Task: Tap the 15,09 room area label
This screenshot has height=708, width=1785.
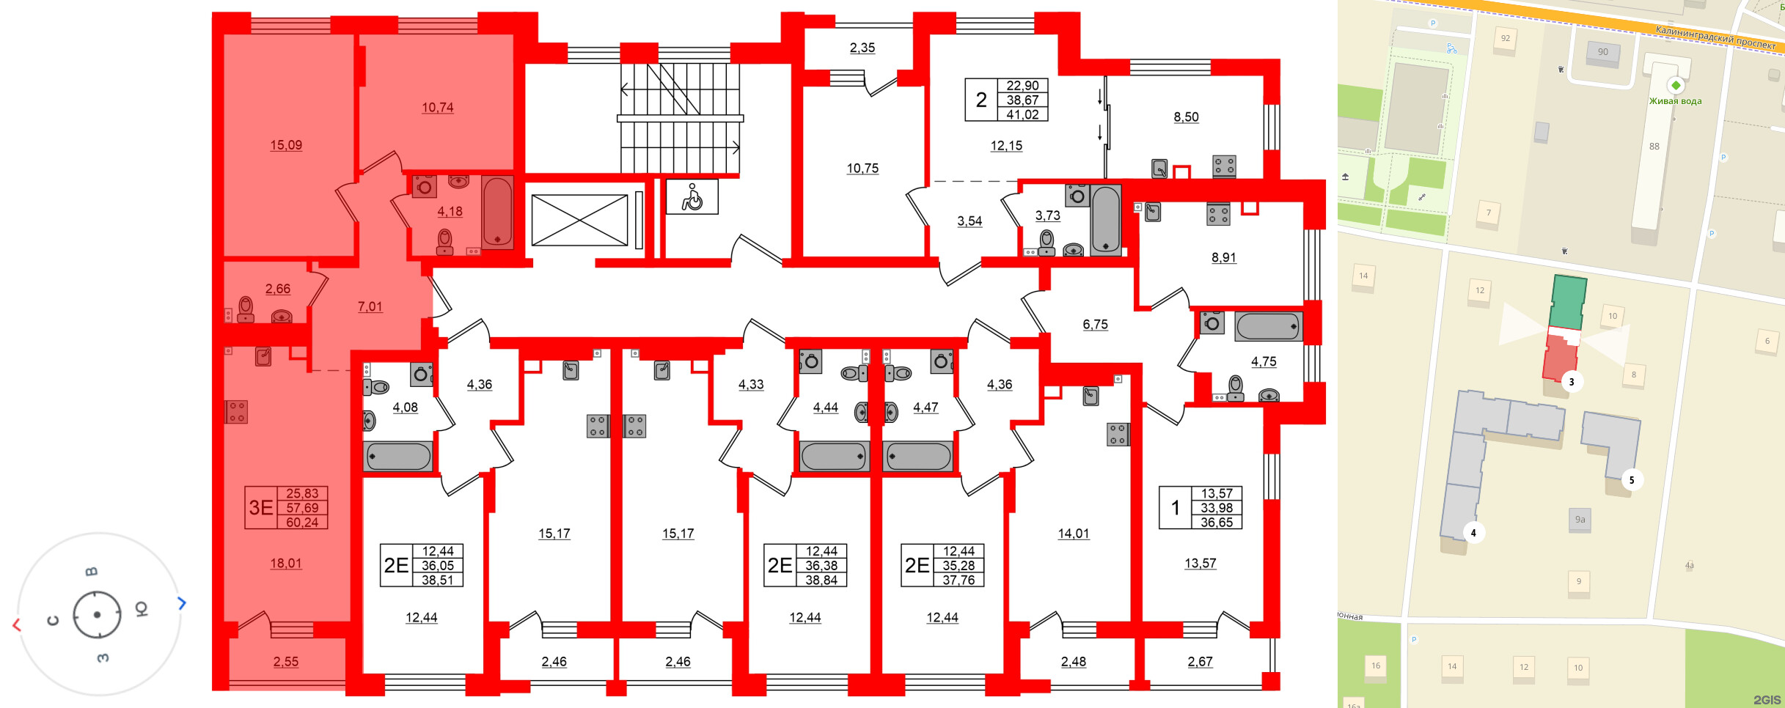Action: (x=286, y=145)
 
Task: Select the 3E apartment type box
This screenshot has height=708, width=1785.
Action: (x=261, y=507)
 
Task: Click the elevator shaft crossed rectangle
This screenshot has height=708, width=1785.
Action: (x=579, y=220)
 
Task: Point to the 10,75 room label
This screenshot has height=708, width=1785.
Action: (x=862, y=169)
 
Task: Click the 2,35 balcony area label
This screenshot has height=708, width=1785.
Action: (x=862, y=48)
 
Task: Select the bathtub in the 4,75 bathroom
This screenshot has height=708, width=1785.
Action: (x=1268, y=326)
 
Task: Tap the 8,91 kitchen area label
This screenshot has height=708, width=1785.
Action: (x=1223, y=257)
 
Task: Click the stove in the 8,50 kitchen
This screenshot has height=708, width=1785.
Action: (x=1224, y=166)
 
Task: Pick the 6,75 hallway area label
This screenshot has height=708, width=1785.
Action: (x=1095, y=324)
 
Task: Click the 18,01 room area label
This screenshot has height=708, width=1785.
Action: (x=286, y=563)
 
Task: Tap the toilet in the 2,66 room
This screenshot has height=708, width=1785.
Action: (x=246, y=309)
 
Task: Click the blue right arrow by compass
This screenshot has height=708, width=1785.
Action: (x=182, y=603)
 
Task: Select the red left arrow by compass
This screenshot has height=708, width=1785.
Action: (x=17, y=624)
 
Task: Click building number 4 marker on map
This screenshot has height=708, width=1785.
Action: (x=1473, y=533)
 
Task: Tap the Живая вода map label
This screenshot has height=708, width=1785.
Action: (x=1675, y=101)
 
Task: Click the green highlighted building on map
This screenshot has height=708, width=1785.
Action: (x=1569, y=303)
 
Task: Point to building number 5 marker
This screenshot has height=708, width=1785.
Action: (x=1632, y=480)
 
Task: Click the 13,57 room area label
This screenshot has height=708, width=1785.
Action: (x=1200, y=563)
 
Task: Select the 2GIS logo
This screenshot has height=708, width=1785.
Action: (x=1767, y=700)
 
